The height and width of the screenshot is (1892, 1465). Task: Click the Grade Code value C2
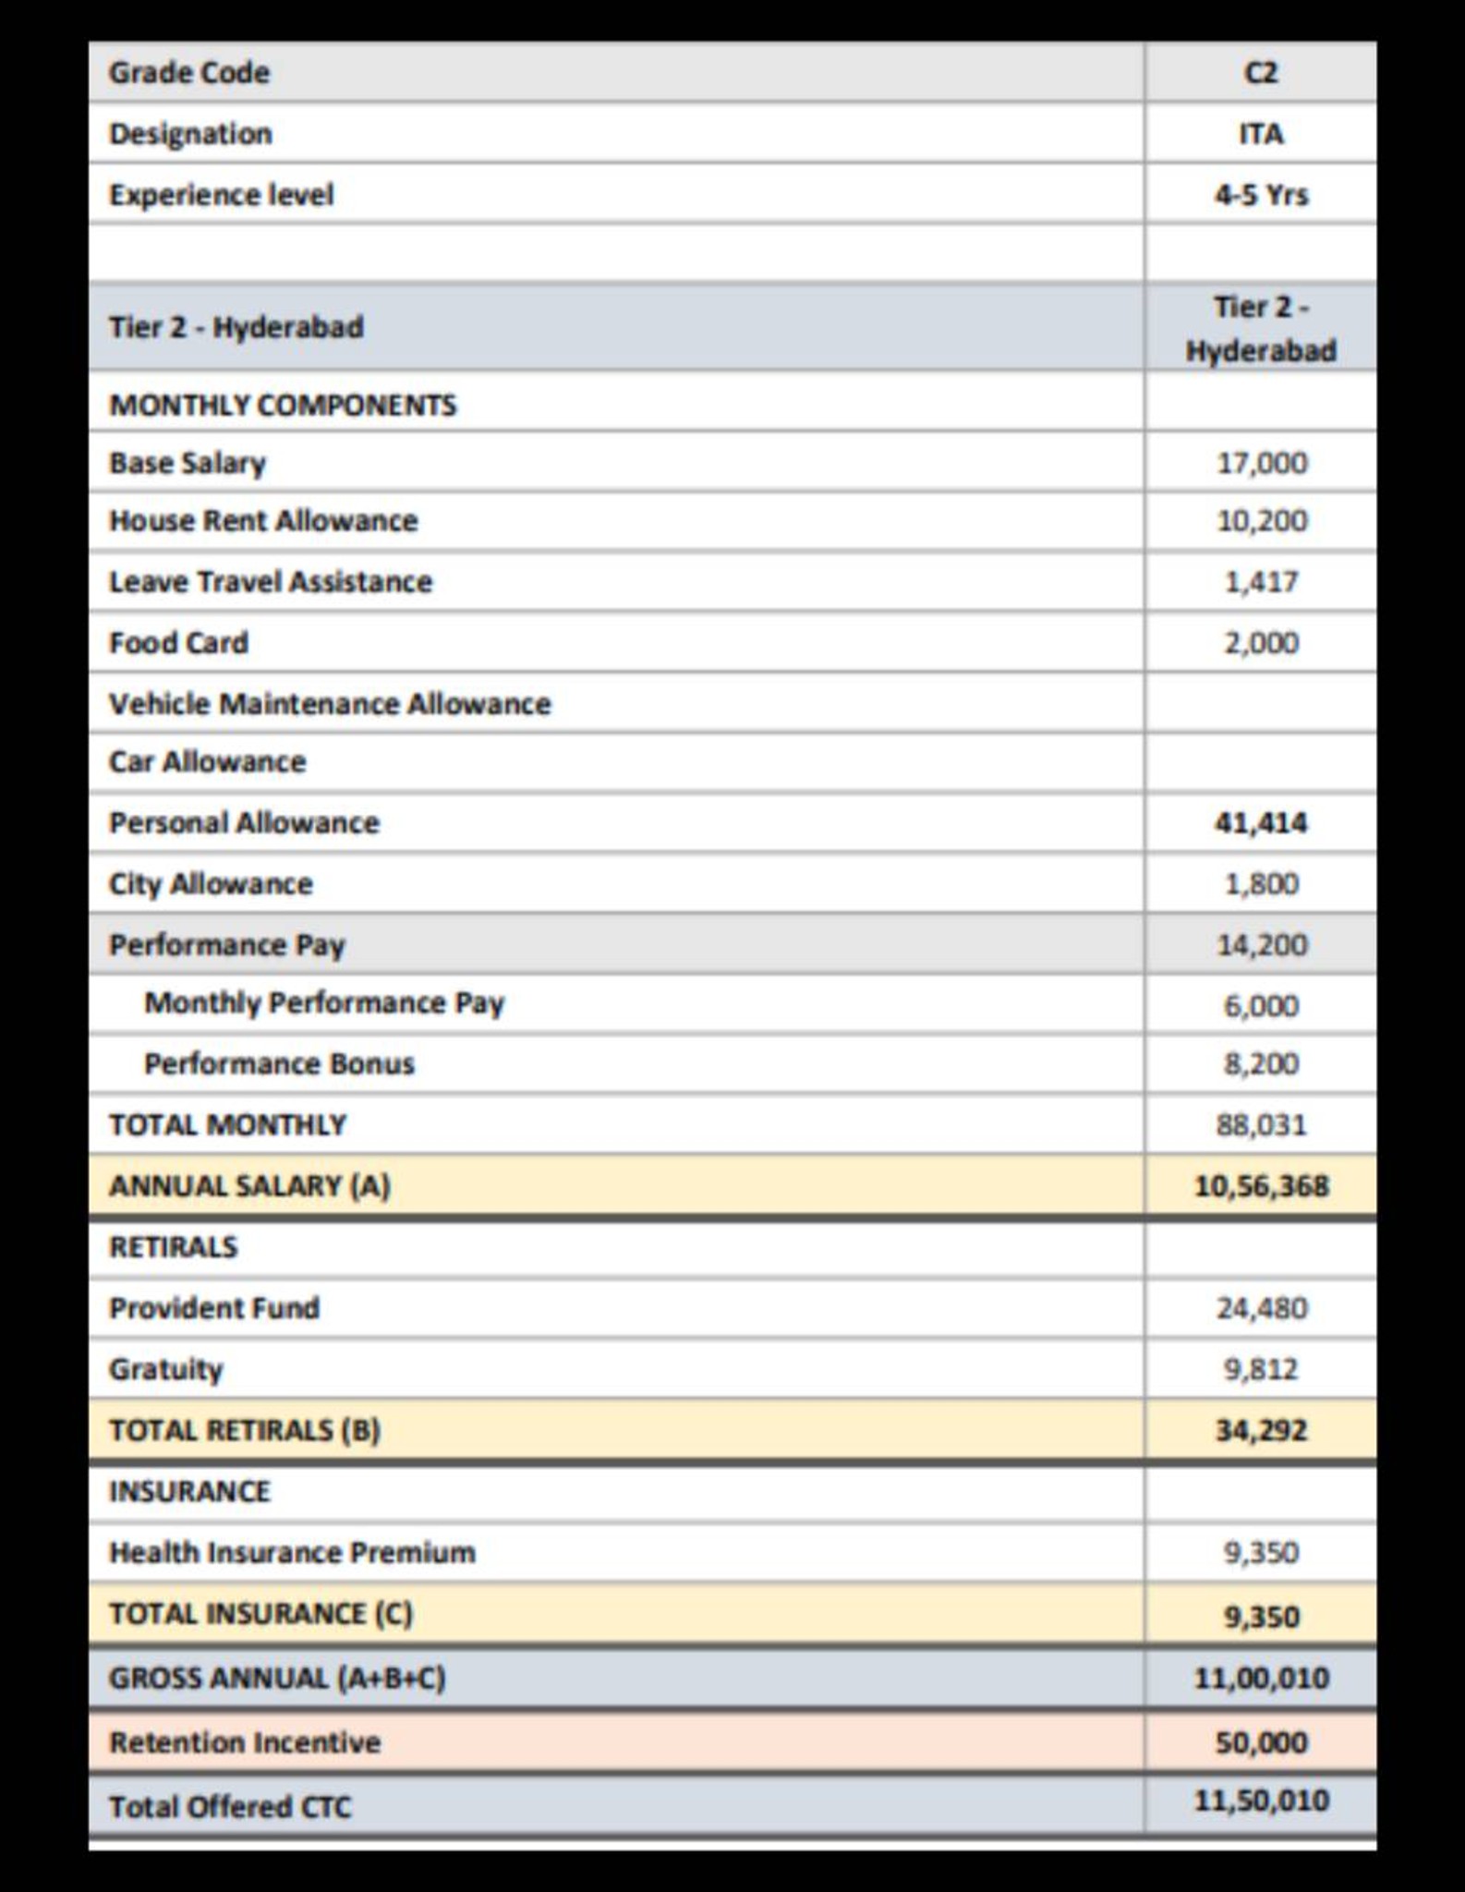coord(1261,72)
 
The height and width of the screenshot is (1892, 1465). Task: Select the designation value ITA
coord(1261,134)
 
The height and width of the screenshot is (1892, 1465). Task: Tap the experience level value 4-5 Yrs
coord(1261,195)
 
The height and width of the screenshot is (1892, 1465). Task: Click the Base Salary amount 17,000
coord(1261,462)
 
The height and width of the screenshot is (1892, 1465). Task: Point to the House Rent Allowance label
coord(263,521)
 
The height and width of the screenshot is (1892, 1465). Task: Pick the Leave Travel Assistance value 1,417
coord(1261,582)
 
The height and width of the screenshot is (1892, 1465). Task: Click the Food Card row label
coord(178,643)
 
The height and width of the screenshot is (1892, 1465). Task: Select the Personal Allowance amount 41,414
coord(1261,822)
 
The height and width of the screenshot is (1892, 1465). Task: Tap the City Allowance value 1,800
coord(1261,884)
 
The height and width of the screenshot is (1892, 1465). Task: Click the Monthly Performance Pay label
coord(324,1003)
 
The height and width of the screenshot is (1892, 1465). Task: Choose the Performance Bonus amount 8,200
coord(1261,1064)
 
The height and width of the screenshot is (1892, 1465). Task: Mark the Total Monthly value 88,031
coord(1261,1125)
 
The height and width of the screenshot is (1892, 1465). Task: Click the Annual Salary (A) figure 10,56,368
coord(1261,1186)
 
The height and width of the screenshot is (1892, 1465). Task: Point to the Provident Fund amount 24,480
coord(1261,1308)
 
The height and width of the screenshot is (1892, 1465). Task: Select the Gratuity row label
coord(166,1369)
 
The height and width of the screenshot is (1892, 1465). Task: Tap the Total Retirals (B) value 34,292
coord(1261,1430)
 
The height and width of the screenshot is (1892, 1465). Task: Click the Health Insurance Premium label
coord(292,1553)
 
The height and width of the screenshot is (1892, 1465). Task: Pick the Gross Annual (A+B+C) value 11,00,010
coord(1261,1678)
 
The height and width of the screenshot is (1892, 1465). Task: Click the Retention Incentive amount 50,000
coord(1261,1742)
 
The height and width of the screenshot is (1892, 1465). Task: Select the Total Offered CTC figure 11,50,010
coord(1261,1801)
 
